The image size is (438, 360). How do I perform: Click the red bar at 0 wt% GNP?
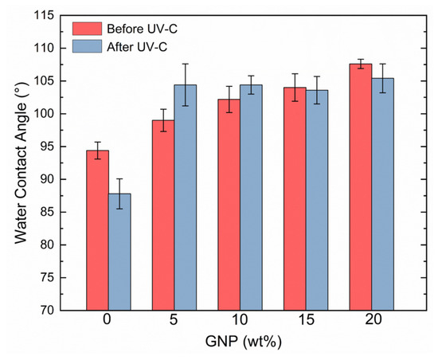tap(97, 230)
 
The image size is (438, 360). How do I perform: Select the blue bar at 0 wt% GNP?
tap(119, 252)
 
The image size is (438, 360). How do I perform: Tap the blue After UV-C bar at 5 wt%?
tap(186, 198)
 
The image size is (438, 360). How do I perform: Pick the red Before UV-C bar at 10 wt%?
tap(229, 205)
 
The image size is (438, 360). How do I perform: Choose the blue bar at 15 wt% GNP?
tap(317, 200)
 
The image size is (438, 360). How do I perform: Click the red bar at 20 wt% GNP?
tap(361, 187)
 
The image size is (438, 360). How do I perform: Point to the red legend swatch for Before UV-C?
tap(87, 29)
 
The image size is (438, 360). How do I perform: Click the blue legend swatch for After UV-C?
tap(87, 46)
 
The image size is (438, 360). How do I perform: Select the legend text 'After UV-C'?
tap(137, 47)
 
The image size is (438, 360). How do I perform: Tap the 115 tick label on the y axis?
tap(44, 15)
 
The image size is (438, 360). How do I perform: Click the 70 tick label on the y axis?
tap(48, 310)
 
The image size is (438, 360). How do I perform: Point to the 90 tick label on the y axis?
tap(48, 179)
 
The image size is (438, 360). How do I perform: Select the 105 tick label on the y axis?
tap(44, 80)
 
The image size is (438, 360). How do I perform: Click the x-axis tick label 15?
tap(306, 320)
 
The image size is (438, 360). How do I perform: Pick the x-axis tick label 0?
tap(107, 320)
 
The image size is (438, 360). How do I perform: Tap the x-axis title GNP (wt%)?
tap(244, 342)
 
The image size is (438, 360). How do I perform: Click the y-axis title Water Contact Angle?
tap(21, 163)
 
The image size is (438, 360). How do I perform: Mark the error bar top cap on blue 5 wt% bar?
tap(186, 64)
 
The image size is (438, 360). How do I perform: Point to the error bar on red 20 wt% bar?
tap(361, 64)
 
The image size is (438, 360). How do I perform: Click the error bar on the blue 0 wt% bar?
tap(119, 194)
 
